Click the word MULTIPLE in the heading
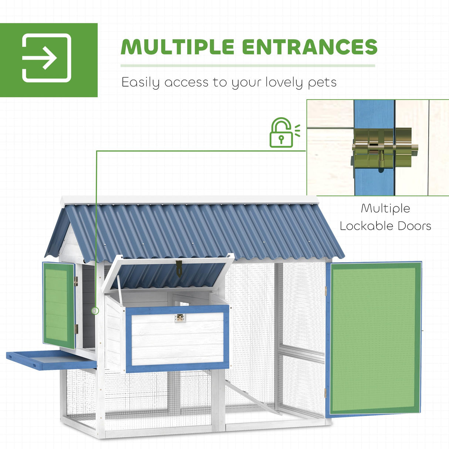point(178,47)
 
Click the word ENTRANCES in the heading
point(310,47)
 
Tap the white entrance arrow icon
point(47,58)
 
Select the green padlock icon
point(281,133)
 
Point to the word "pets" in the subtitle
point(322,82)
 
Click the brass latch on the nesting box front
point(180,318)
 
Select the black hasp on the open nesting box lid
point(179,268)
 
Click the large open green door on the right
point(374,338)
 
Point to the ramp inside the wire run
point(251,398)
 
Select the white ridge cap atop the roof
point(189,200)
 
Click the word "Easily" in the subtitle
point(141,82)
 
